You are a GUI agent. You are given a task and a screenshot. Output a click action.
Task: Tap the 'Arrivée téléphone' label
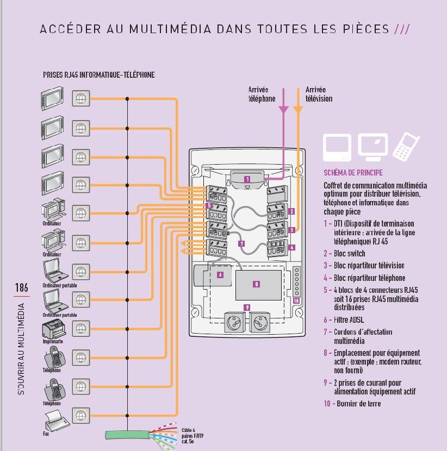point(262,94)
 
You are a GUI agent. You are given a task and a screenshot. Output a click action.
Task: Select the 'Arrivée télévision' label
point(319,94)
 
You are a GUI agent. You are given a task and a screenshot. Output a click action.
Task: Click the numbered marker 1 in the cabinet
point(247,179)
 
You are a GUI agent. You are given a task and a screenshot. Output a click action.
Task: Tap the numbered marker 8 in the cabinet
point(257,284)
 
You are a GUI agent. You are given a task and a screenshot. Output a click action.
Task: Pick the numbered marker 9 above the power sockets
point(247,308)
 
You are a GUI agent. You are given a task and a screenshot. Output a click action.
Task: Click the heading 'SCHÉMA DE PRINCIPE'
point(353,173)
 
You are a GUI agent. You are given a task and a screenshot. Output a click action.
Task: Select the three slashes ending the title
point(401,29)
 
